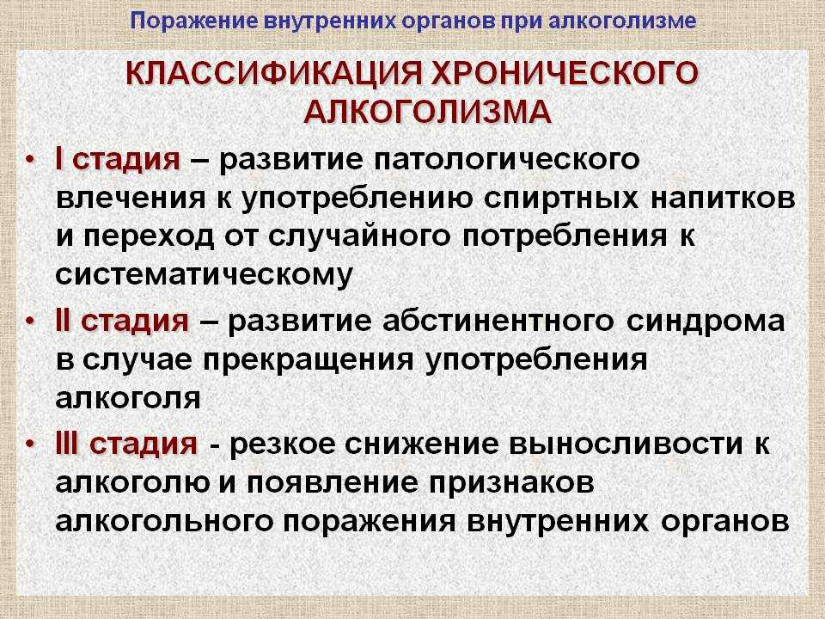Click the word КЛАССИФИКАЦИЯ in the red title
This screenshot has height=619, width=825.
[x=275, y=74]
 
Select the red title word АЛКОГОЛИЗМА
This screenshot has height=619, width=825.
[x=428, y=112]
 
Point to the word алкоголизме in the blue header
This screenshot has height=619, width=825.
[x=623, y=21]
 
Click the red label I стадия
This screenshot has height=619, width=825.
[x=118, y=159]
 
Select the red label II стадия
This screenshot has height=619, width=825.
[x=122, y=321]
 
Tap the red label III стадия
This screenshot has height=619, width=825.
[x=126, y=444]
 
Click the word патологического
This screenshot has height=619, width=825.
[x=507, y=160]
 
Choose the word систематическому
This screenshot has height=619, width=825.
[x=204, y=273]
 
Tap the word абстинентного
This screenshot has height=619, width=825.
[x=498, y=321]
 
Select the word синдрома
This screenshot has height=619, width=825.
[x=705, y=321]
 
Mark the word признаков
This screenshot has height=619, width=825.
[x=510, y=482]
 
